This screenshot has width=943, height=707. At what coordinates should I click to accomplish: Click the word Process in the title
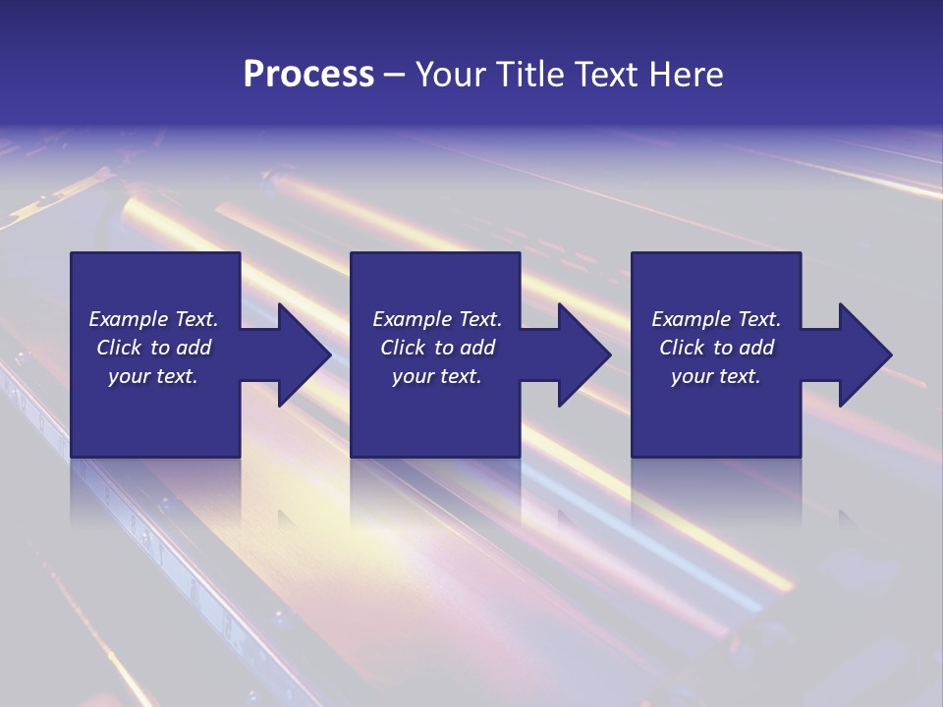308,75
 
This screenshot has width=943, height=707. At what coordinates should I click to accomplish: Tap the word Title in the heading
527,75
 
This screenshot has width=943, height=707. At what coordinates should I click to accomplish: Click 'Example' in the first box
129,319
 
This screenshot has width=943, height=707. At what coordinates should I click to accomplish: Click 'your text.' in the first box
153,376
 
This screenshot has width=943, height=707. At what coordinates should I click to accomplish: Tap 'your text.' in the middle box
437,376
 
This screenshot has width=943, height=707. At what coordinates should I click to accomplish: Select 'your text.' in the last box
716,376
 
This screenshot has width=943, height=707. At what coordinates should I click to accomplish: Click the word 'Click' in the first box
120,348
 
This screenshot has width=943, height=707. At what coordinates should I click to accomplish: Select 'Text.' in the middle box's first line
478,319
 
